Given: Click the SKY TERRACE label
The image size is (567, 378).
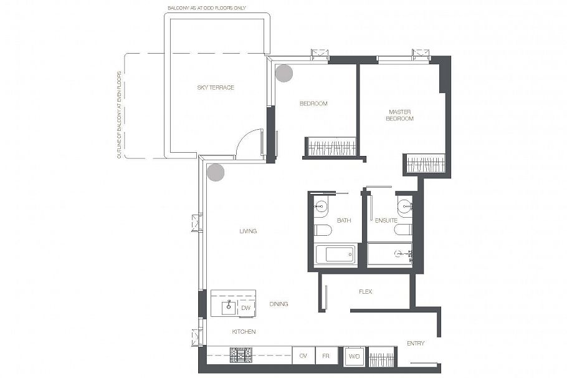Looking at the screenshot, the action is pos(216,87).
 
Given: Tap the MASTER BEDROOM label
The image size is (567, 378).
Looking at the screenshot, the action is pos(399,115).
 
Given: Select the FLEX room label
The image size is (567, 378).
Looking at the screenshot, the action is pos(365,291).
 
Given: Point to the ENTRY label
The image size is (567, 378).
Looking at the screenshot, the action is pos(416,343).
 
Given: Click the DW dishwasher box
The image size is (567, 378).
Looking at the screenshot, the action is pos(246,308).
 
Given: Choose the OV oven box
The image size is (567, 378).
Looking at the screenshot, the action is pos(303,356).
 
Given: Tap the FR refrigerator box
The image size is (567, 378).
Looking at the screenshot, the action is pos(326,356).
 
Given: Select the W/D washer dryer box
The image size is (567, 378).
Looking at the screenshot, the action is pos(354,356).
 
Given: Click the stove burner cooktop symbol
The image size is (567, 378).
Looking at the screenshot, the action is pos(241,355).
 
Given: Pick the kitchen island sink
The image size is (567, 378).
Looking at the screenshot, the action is pos(229,308).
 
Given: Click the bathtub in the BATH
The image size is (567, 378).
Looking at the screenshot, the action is pos(335,255).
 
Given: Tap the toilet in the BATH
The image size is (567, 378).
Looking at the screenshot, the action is pos(322,230).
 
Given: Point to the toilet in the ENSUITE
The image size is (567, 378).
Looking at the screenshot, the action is pos(403,230).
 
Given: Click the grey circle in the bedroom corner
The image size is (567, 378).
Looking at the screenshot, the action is pos(284,73).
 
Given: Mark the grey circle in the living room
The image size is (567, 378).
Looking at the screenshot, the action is pos(216,172).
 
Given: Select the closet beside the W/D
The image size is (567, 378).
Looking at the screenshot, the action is pos(381,356).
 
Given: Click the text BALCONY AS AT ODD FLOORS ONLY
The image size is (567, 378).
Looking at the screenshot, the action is pos(206,7).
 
